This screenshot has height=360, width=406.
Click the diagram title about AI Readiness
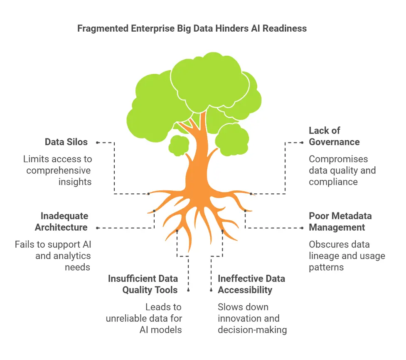(x=192, y=29)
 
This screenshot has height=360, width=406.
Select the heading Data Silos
(x=66, y=142)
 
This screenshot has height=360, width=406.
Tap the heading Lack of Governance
(x=334, y=136)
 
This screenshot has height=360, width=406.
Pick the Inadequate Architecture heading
(x=61, y=222)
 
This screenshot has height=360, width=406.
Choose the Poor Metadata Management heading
(x=340, y=222)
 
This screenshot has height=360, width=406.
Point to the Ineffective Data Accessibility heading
(x=251, y=284)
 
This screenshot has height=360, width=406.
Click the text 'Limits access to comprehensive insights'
(x=57, y=170)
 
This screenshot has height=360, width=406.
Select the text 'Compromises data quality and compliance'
(x=342, y=170)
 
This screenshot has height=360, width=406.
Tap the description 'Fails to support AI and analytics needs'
(x=53, y=256)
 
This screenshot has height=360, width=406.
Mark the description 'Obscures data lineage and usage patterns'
(x=347, y=256)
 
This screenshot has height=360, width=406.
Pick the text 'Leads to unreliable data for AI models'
(x=144, y=318)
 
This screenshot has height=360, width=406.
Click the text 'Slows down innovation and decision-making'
(x=252, y=318)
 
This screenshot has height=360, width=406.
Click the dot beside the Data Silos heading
(x=97, y=142)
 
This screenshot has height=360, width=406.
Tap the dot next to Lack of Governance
(x=302, y=142)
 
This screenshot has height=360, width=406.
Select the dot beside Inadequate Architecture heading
(x=97, y=228)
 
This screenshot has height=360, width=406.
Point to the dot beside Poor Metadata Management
(x=302, y=228)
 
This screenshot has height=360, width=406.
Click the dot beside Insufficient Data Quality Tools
(x=188, y=290)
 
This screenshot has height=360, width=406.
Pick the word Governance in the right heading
(x=334, y=142)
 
